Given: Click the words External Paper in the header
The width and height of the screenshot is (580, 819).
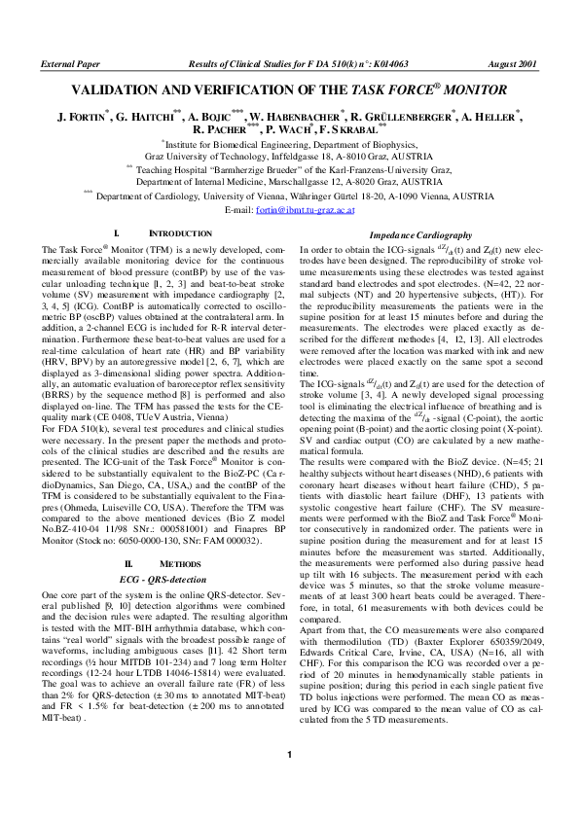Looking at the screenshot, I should tap(70, 63).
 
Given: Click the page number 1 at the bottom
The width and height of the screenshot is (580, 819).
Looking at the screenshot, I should tap(289, 782).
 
